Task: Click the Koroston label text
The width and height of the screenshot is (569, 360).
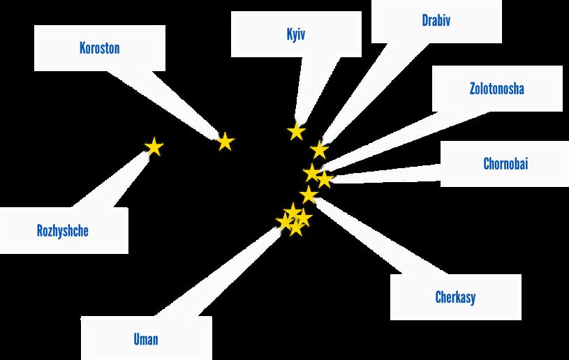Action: click(99, 49)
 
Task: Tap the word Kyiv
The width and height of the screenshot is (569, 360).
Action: click(296, 34)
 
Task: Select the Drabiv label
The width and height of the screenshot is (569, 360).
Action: click(436, 20)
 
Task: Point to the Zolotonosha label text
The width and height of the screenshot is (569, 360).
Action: click(496, 89)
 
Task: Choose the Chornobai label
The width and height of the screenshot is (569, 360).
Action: click(505, 164)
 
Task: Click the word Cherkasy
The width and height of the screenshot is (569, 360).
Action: click(455, 298)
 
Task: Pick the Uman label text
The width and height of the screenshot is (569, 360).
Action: click(146, 340)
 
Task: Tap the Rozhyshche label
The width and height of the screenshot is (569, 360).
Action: click(63, 230)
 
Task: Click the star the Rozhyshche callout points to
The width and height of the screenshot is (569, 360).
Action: click(154, 147)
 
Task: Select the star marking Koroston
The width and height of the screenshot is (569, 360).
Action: click(225, 142)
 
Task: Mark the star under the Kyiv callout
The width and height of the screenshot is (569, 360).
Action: click(297, 131)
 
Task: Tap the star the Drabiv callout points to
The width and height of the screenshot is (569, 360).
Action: click(319, 149)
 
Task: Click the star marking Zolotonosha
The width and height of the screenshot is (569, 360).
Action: click(312, 172)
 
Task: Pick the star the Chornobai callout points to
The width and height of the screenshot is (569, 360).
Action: click(325, 179)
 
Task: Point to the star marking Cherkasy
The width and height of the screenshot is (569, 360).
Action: click(309, 195)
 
